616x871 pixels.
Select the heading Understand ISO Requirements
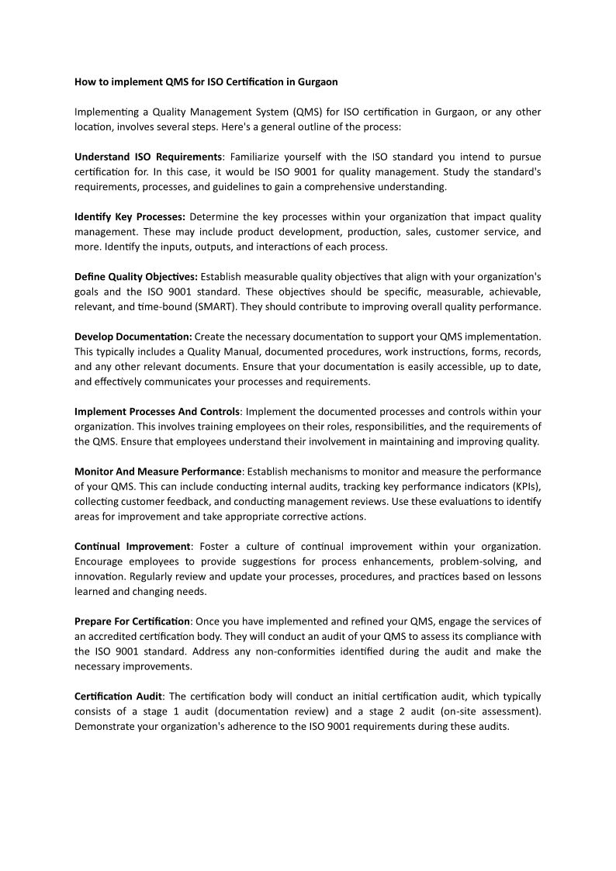[148, 157]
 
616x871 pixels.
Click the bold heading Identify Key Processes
[129, 216]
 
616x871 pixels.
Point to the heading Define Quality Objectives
[136, 276]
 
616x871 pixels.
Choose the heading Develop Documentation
[133, 336]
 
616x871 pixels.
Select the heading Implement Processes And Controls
[157, 411]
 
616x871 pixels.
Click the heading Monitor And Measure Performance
[157, 471]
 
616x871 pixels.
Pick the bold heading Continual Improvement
[132, 546]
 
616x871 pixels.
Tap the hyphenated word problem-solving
[476, 562]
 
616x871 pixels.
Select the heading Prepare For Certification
[132, 621]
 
